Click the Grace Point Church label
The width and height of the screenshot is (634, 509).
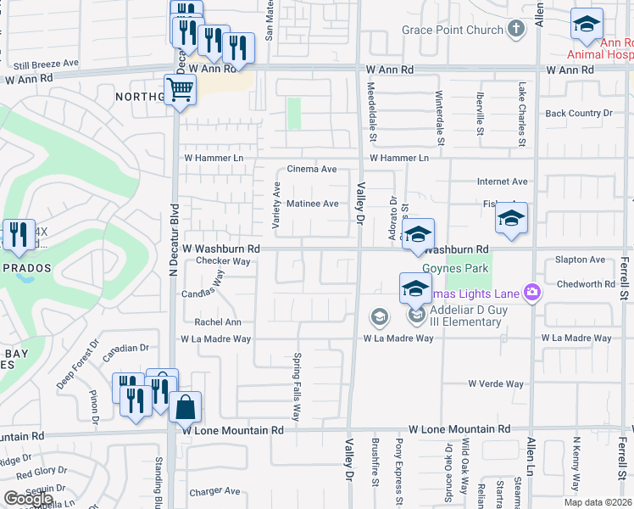(x=453, y=30)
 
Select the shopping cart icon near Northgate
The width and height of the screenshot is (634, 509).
(x=180, y=88)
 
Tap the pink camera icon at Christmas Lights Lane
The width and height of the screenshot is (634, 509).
(x=532, y=293)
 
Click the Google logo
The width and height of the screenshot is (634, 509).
(x=28, y=499)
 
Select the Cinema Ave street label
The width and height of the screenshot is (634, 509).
(x=312, y=169)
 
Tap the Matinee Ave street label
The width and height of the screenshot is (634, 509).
(x=313, y=204)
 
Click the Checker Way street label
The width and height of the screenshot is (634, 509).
(x=223, y=261)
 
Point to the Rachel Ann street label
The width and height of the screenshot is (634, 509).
(x=218, y=322)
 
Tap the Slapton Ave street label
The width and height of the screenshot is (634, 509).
(x=580, y=260)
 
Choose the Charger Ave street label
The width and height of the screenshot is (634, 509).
(x=214, y=490)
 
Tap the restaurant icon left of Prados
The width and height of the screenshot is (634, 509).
(x=16, y=235)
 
